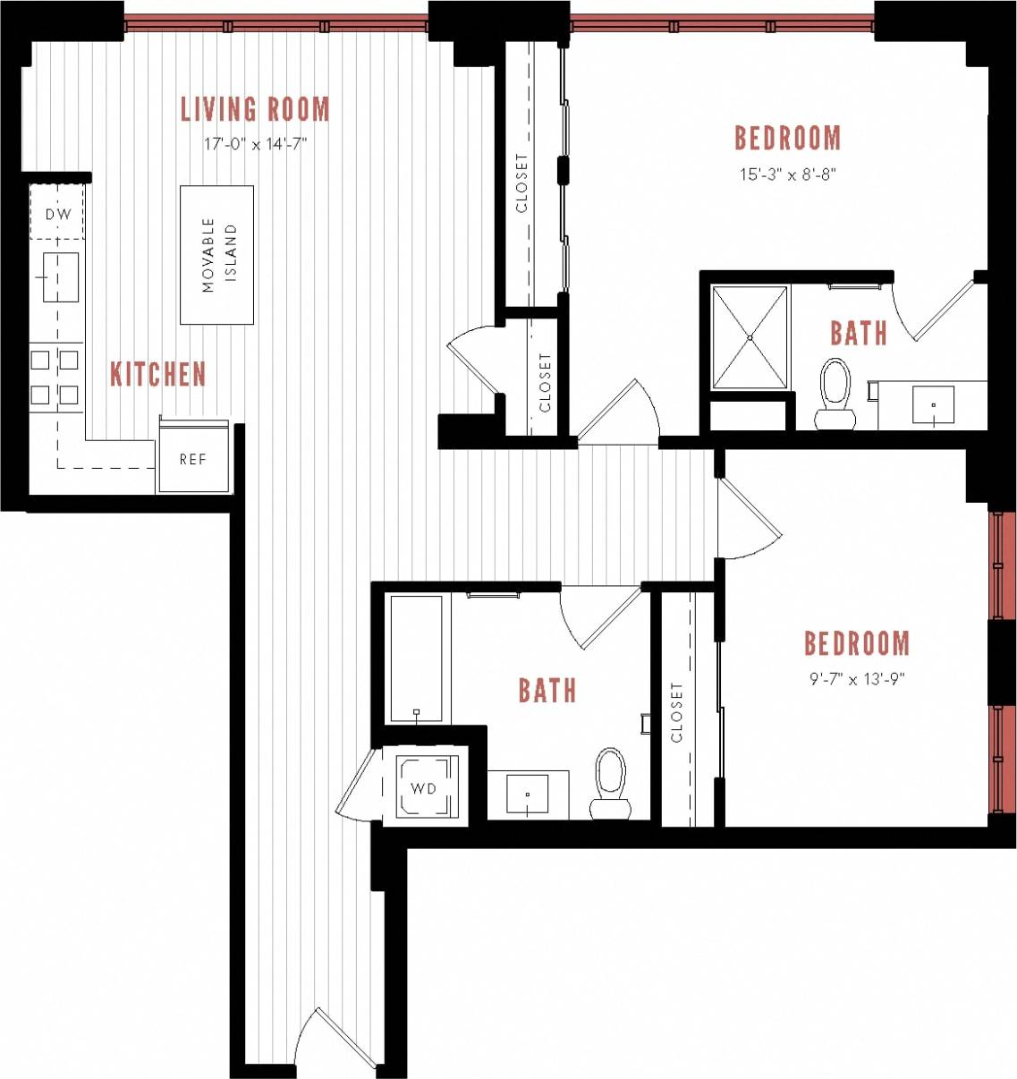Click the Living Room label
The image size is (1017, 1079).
tap(255, 109)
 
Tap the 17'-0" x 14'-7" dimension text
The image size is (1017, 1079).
tap(255, 144)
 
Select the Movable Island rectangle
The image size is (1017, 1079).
tap(216, 255)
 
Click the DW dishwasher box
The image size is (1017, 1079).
tap(58, 213)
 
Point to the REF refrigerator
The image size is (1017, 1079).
tap(193, 459)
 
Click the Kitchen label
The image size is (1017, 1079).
tap(157, 374)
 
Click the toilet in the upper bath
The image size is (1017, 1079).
tap(835, 392)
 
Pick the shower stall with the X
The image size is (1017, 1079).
tap(750, 337)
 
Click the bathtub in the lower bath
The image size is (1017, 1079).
tap(417, 658)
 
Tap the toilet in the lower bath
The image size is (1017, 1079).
tap(611, 781)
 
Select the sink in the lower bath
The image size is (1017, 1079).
tap(528, 794)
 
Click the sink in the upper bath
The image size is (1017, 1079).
tap(933, 404)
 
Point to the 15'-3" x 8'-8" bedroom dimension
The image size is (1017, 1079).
tap(787, 175)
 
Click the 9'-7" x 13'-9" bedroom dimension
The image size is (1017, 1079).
tap(857, 679)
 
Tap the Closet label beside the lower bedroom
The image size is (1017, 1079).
tap(676, 712)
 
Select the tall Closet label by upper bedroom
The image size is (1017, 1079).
tap(521, 183)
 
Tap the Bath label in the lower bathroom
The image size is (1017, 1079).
tap(547, 691)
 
